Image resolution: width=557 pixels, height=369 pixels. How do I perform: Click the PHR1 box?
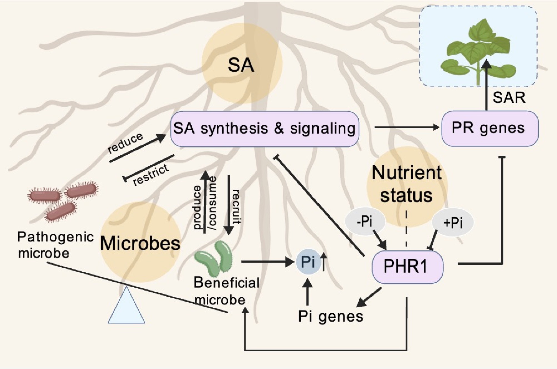407,267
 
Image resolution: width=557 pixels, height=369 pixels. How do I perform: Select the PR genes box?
490,128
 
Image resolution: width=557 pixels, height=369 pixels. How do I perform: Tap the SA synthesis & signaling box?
265,129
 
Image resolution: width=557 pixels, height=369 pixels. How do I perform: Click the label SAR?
509,98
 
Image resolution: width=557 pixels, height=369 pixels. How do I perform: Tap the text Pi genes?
331,316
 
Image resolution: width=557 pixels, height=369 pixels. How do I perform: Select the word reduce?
125,142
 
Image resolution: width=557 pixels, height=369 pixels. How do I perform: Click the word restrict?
151,174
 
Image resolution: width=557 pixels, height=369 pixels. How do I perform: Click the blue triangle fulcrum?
126,305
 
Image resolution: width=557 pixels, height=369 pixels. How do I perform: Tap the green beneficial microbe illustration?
214,258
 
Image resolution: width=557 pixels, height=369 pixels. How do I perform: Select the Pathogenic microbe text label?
56,245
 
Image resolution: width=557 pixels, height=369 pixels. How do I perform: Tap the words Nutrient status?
407,184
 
